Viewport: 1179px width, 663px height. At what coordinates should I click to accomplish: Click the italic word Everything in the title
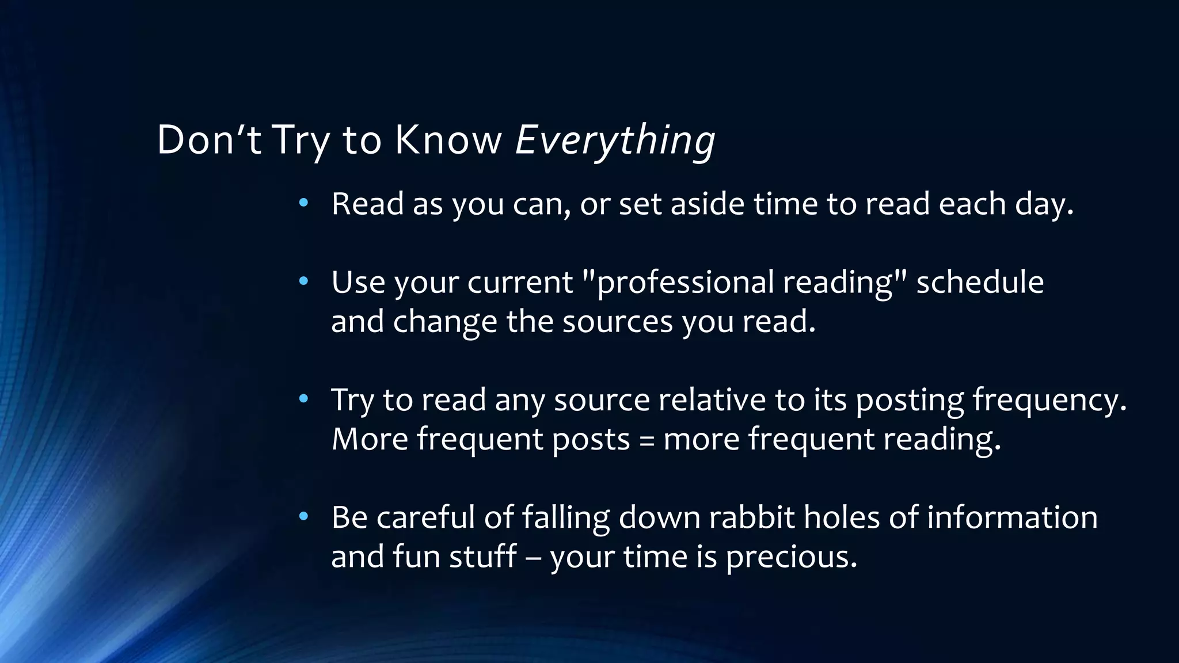[x=614, y=140]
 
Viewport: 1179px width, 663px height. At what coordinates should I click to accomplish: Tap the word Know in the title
[x=448, y=140]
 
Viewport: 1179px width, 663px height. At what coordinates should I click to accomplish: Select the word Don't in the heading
[x=209, y=140]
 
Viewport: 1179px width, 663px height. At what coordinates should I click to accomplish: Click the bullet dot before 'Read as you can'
[x=304, y=203]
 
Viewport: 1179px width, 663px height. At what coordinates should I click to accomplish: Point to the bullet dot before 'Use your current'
[x=304, y=281]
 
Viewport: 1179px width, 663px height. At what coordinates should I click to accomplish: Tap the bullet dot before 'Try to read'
[x=304, y=399]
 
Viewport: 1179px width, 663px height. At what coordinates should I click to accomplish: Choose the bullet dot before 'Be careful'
[x=304, y=516]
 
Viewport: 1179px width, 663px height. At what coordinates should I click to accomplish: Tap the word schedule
[x=980, y=283]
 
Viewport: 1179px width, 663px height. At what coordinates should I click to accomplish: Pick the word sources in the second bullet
[x=617, y=322]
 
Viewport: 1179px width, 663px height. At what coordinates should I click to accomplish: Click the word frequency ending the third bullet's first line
[x=1049, y=400]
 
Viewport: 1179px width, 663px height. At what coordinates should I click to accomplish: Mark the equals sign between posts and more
[x=646, y=440]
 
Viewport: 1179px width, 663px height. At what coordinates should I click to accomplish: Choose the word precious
[x=791, y=557]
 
